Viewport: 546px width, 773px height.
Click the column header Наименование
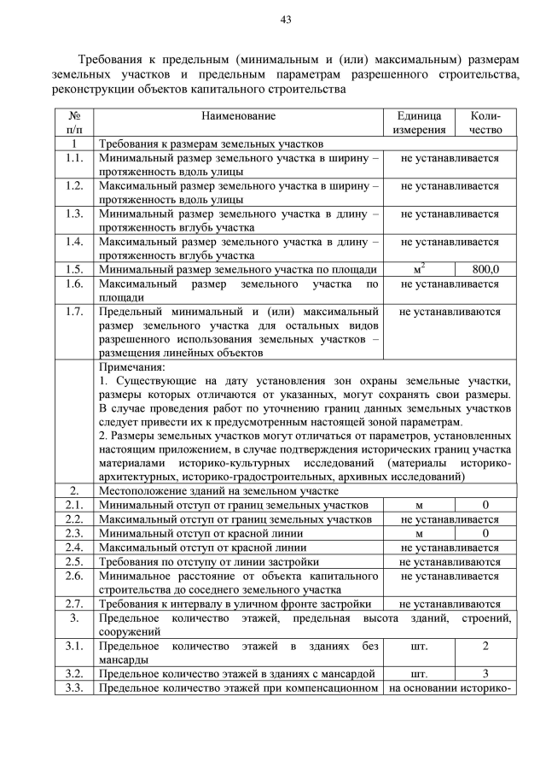tap(239, 115)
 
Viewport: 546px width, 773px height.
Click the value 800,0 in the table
tap(485, 269)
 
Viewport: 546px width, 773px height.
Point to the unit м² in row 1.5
tap(419, 269)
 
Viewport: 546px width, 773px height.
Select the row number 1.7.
tap(74, 312)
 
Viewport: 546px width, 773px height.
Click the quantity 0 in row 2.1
tap(485, 506)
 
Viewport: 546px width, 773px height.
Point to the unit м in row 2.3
tap(419, 533)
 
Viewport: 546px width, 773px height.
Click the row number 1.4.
tap(74, 242)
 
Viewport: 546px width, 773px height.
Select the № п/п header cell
tap(74, 122)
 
